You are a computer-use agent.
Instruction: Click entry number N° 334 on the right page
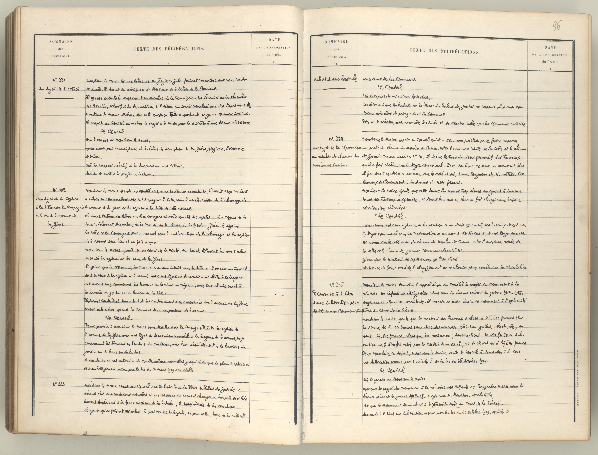click(336, 139)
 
